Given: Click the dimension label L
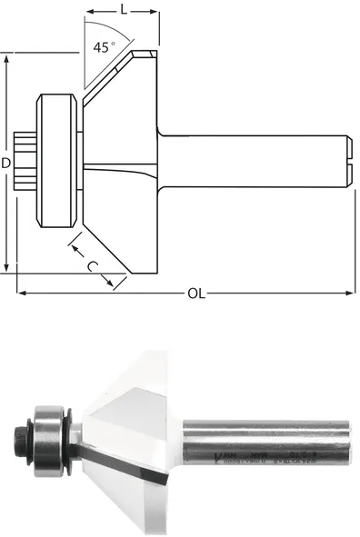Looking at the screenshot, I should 122,8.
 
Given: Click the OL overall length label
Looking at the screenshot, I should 195,293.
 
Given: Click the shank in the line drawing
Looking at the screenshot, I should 255,163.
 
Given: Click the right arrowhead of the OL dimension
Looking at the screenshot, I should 350,293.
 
